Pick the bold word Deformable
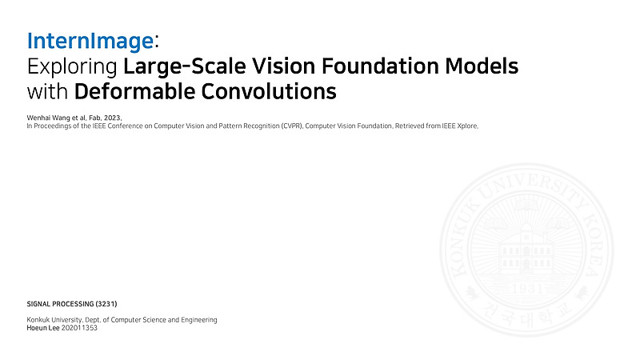coord(137,91)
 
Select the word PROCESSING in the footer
coord(74,305)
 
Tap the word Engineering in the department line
coord(198,320)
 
